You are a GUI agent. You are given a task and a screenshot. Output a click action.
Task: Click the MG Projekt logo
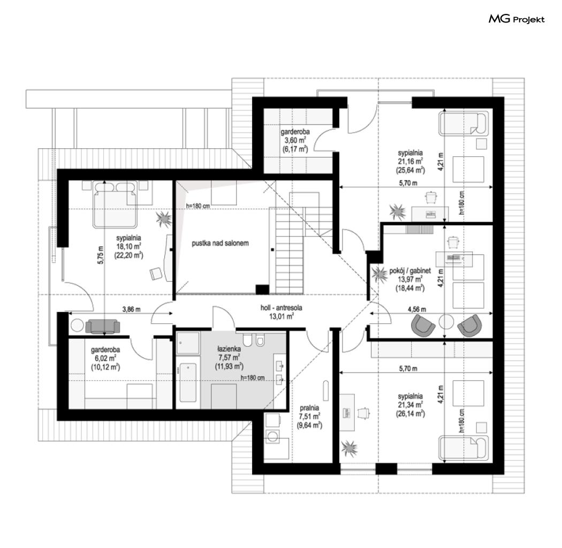[517, 19]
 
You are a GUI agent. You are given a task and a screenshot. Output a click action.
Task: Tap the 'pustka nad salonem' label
[220, 243]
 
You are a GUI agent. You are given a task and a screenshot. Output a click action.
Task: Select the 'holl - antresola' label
[282, 308]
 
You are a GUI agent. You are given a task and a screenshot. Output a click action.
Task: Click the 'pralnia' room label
[309, 408]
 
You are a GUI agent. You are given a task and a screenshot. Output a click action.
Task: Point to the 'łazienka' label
[229, 349]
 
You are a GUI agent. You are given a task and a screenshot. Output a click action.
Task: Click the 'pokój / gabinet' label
[410, 271]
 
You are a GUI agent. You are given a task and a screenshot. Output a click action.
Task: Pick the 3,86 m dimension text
[131, 309]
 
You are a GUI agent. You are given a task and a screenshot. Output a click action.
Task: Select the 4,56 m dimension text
[417, 309]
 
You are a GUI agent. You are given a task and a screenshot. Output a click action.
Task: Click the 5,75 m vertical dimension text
[101, 255]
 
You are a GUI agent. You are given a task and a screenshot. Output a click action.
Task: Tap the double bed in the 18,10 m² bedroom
[115, 204]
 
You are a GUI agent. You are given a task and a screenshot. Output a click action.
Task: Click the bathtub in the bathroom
[188, 383]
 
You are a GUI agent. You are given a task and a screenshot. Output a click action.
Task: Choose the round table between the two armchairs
[446, 322]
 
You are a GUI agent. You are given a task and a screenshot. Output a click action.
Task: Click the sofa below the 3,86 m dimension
[103, 326]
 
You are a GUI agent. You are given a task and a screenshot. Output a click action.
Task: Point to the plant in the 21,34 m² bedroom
[349, 448]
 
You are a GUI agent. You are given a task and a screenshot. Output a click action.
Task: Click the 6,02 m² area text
[105, 359]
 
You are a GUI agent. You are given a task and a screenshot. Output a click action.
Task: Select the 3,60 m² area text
[295, 141]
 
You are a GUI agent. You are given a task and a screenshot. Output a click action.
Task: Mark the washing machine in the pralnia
[273, 436]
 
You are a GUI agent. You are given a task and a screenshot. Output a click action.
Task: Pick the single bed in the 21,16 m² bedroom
[464, 124]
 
